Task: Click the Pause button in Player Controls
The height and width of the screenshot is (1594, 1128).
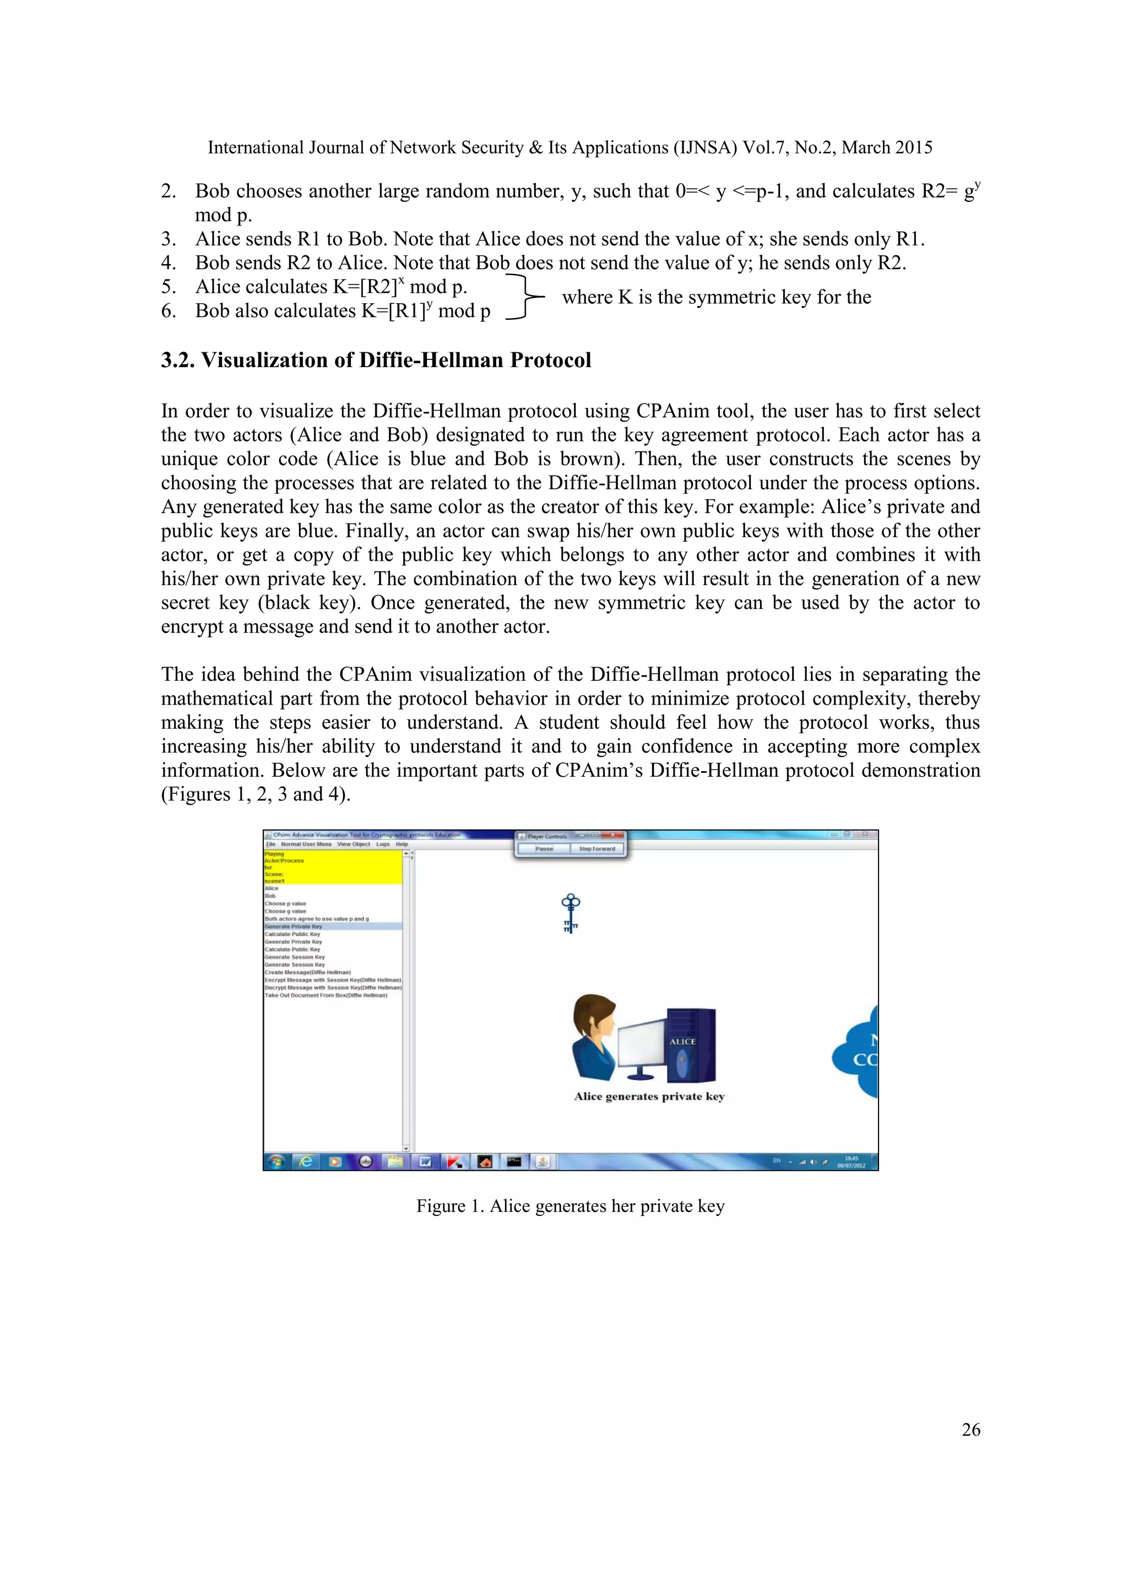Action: coord(544,848)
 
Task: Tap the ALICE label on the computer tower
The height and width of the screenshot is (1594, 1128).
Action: coord(682,1041)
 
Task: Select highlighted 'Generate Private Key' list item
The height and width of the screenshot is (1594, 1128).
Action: coord(294,926)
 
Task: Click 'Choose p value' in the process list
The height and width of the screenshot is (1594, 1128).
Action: coord(285,903)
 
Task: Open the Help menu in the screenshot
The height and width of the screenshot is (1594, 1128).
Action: coord(402,844)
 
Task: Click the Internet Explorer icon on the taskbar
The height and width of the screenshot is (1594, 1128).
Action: coord(306,1161)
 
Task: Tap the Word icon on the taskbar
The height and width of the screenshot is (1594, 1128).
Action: coord(425,1161)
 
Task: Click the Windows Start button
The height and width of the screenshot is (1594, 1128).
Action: coord(276,1161)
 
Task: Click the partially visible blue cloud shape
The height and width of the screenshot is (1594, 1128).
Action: coord(859,1052)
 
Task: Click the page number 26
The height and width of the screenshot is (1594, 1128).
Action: coord(970,1429)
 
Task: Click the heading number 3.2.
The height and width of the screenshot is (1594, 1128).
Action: coord(178,361)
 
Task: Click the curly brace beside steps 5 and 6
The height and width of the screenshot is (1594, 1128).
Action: coord(524,297)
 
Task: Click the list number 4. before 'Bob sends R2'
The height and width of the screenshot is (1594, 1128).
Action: coord(168,263)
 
